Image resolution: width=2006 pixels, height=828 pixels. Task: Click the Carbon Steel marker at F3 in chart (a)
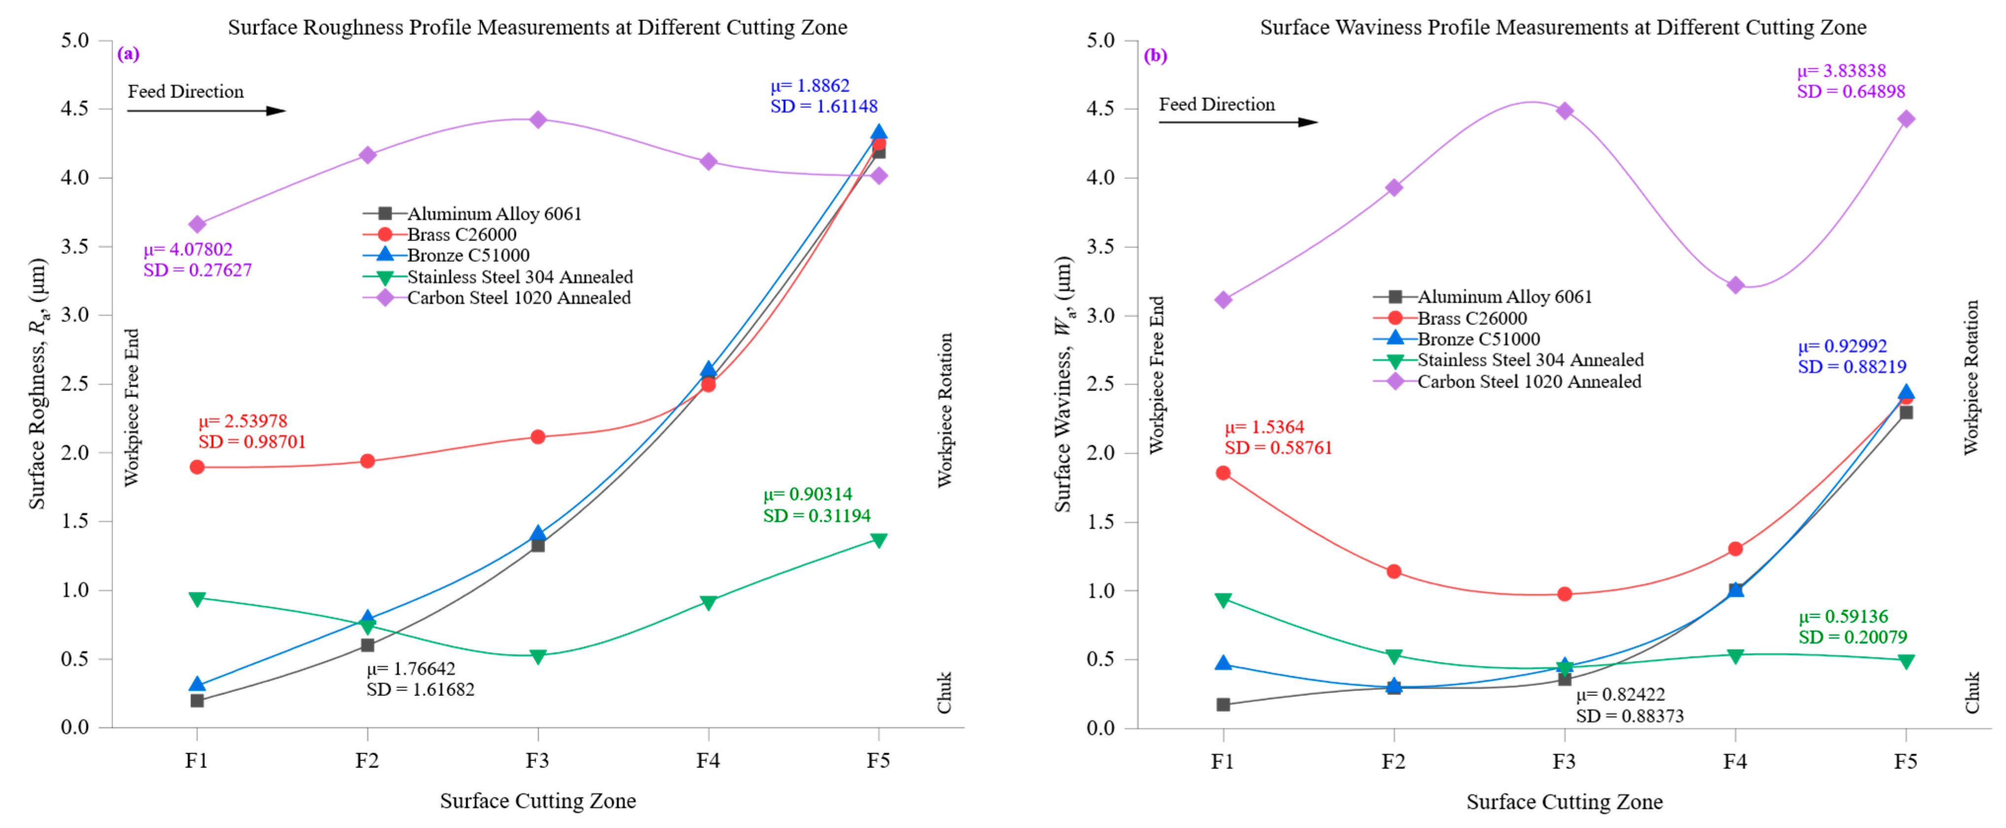[537, 119]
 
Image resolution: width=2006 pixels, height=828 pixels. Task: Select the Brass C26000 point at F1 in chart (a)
[197, 468]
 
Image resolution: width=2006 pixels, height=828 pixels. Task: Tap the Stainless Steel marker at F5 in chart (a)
[878, 540]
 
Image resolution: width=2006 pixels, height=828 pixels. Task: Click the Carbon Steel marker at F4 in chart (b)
[1735, 285]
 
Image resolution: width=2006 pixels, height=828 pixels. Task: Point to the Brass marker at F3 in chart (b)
[1565, 594]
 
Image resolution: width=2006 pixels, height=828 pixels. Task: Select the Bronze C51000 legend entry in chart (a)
[467, 255]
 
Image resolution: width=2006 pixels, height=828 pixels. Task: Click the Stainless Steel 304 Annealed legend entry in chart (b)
[1530, 360]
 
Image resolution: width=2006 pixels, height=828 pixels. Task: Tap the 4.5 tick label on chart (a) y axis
[75, 108]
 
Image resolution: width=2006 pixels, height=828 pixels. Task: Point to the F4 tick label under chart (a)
[707, 760]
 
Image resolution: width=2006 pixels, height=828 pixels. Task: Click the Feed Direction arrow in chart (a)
[206, 110]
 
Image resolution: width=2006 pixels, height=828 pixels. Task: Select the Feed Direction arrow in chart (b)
[1238, 122]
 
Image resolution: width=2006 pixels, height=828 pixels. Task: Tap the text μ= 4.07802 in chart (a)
[188, 249]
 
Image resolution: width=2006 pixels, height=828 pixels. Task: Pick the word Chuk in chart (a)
[944, 692]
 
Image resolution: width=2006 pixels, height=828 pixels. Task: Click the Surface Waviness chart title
[1563, 27]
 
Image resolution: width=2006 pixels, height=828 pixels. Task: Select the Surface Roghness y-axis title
[37, 383]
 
